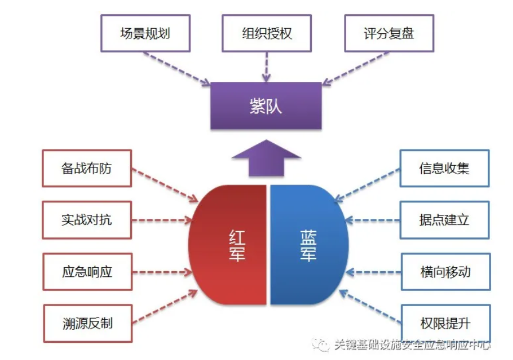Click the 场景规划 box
pos(145,33)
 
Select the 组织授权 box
pos(267,33)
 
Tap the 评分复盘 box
pos(389,33)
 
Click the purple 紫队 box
pos(266,106)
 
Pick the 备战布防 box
pos(87,169)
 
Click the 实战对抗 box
pos(87,220)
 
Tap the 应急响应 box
pos(87,272)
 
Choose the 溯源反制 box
pos(87,323)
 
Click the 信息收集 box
pos(444,169)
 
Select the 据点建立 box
pos(444,220)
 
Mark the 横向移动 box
pos(444,272)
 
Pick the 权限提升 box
pos(444,323)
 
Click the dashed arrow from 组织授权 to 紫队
pos(266,66)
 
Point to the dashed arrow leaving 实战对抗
pos(162,220)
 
